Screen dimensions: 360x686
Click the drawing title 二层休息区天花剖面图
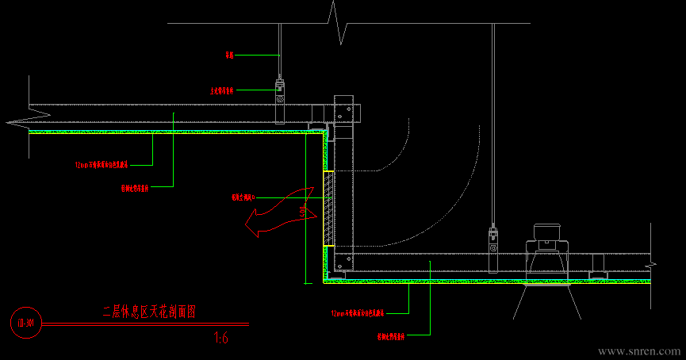click(148, 312)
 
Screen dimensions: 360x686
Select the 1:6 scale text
click(221, 339)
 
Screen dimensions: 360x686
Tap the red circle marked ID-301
click(25, 324)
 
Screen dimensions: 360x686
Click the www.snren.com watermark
click(638, 350)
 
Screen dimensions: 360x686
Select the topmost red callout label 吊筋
click(229, 56)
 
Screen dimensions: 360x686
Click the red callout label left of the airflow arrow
click(243, 198)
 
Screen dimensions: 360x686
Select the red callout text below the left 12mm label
click(135, 190)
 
